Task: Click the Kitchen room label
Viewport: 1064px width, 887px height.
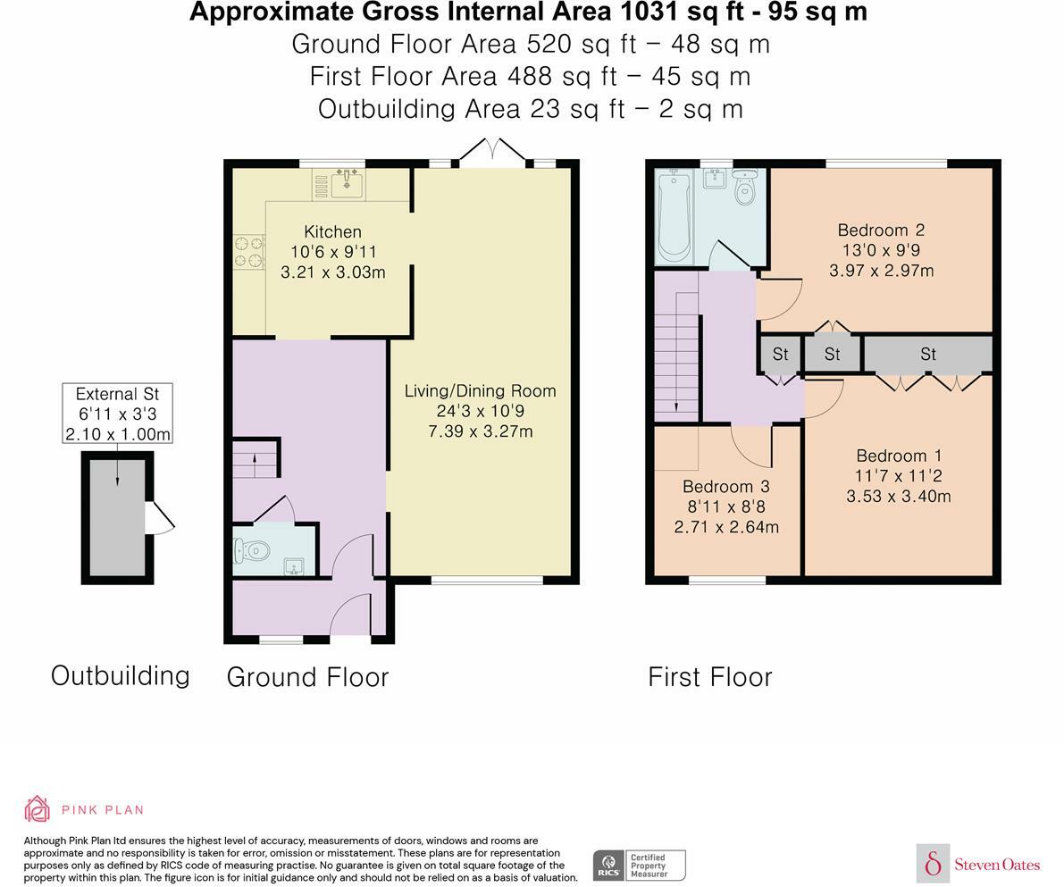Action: (x=332, y=231)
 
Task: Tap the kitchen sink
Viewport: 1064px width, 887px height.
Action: (x=347, y=181)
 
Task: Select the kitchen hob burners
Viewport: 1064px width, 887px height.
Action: (x=249, y=251)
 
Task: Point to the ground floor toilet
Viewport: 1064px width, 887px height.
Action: (x=248, y=549)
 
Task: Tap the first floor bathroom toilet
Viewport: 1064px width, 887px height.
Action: (x=745, y=187)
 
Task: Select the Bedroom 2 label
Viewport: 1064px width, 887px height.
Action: (x=881, y=230)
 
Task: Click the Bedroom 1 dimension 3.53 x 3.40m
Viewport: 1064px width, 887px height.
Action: (x=899, y=496)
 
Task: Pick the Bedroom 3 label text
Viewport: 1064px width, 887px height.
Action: (x=726, y=487)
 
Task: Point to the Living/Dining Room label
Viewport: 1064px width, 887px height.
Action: (x=481, y=391)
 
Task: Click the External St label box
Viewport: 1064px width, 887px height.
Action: (x=117, y=414)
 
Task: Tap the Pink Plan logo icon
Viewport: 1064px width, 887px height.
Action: (x=38, y=809)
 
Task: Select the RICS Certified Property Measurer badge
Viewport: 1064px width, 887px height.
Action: (x=640, y=866)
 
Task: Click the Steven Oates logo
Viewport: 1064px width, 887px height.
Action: (x=978, y=864)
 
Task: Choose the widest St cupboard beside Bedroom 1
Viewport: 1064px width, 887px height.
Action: (x=927, y=354)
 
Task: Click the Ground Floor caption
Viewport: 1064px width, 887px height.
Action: (x=307, y=677)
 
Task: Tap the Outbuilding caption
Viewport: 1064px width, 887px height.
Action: (x=120, y=676)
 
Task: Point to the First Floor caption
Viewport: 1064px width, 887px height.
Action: (x=710, y=677)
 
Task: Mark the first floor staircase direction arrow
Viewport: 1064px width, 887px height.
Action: (x=676, y=352)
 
